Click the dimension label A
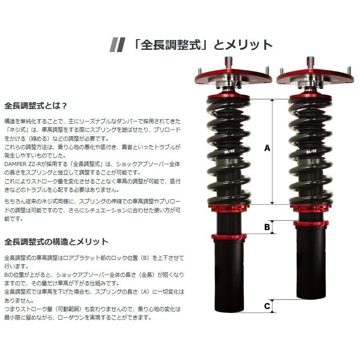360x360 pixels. pyautogui.click(x=267, y=148)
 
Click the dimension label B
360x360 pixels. pyautogui.click(x=267, y=227)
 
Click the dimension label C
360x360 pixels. pyautogui.click(x=267, y=306)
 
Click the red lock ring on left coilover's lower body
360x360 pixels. pyautogui.click(x=228, y=236)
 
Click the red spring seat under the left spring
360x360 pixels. pyautogui.click(x=228, y=208)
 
